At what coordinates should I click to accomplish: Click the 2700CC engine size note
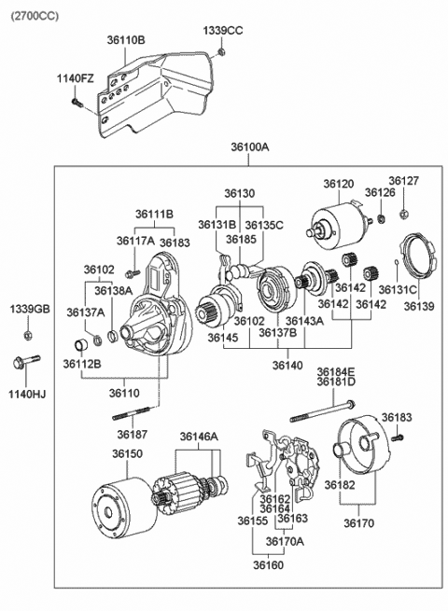[x=35, y=16]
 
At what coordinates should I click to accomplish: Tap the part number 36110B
[x=126, y=40]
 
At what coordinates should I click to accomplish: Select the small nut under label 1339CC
[x=221, y=51]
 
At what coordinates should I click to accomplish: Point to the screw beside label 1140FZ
[x=77, y=103]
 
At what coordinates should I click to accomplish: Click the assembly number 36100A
[x=250, y=146]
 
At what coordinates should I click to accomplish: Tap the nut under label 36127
[x=404, y=213]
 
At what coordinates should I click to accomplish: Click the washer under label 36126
[x=382, y=219]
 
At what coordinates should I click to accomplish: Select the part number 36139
[x=419, y=306]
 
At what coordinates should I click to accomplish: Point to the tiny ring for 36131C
[x=396, y=261]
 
